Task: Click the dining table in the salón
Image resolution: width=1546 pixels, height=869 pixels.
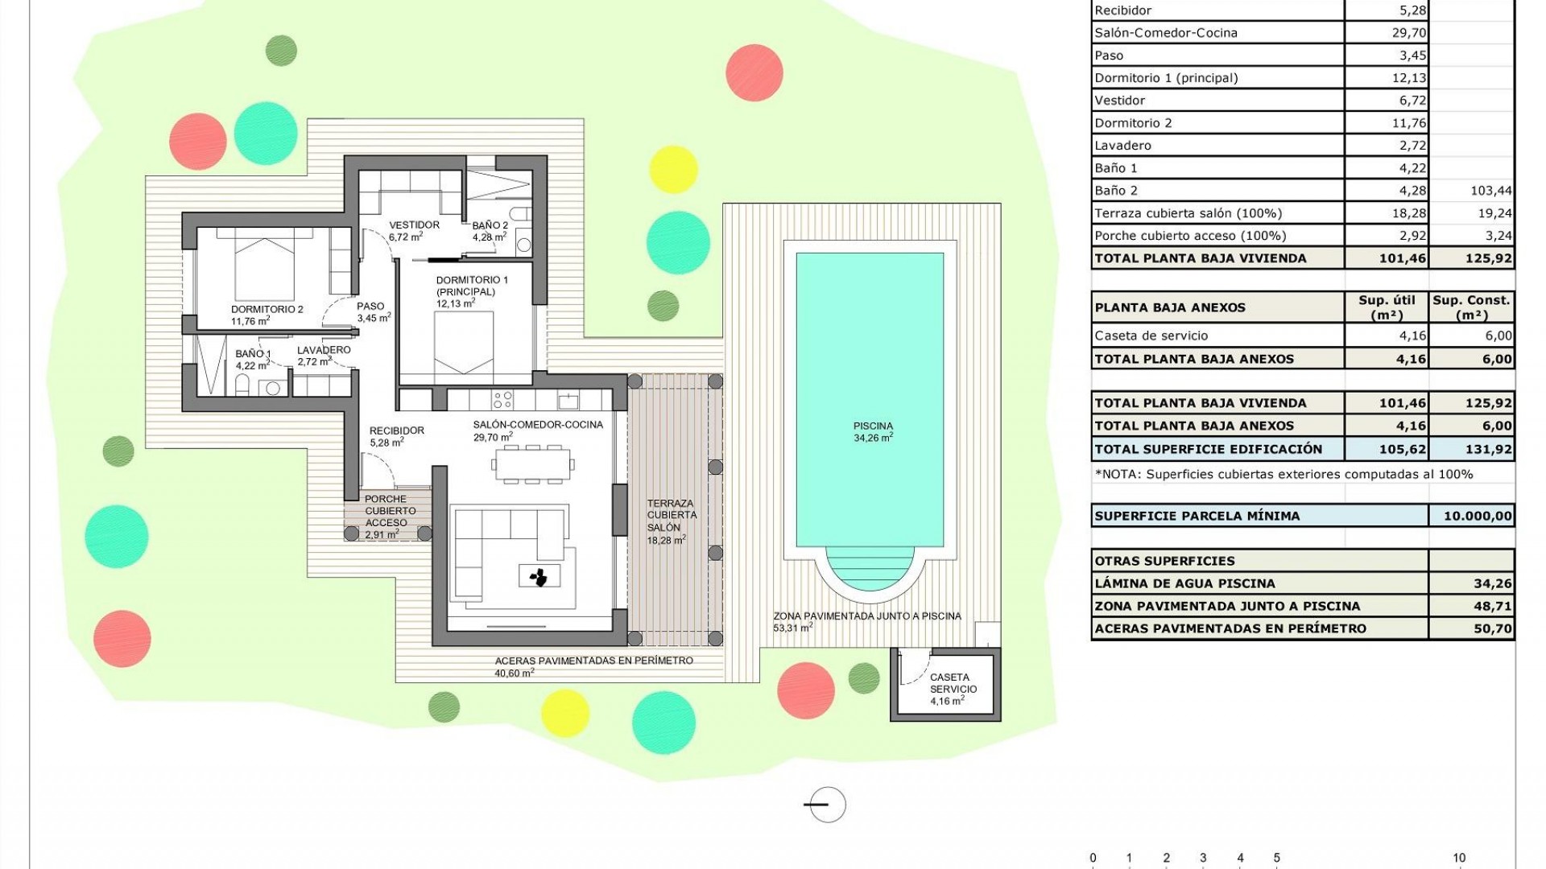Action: click(533, 464)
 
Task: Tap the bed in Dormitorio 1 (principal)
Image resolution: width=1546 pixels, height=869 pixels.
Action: click(465, 342)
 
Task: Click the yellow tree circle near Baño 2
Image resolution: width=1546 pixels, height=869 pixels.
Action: click(673, 169)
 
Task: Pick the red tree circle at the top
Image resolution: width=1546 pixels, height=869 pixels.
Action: click(754, 73)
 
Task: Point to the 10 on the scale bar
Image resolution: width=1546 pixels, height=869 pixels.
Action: click(1459, 858)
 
